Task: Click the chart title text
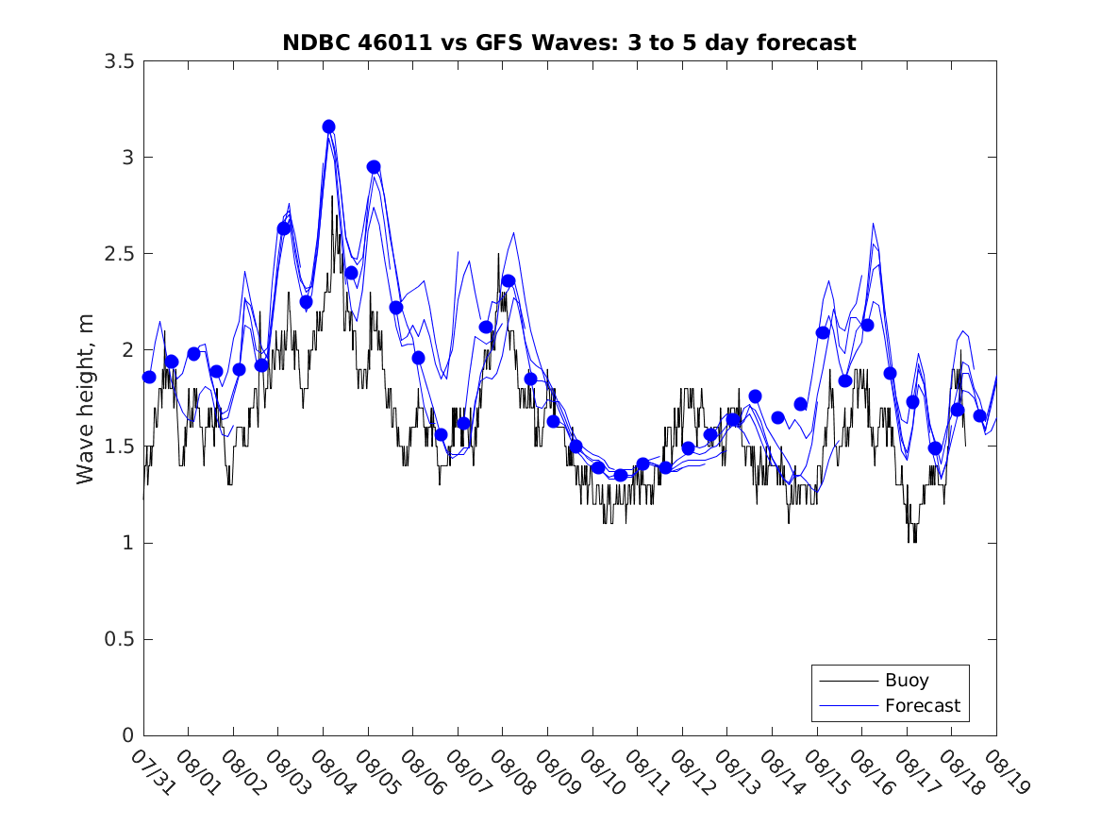click(x=569, y=42)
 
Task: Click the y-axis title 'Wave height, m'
click(x=86, y=398)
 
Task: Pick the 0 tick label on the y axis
click(x=127, y=735)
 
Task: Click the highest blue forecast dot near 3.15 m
click(x=328, y=126)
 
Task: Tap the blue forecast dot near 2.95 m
click(x=374, y=167)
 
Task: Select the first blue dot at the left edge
click(x=149, y=377)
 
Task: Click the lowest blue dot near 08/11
click(x=621, y=475)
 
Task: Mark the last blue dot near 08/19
click(x=979, y=415)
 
